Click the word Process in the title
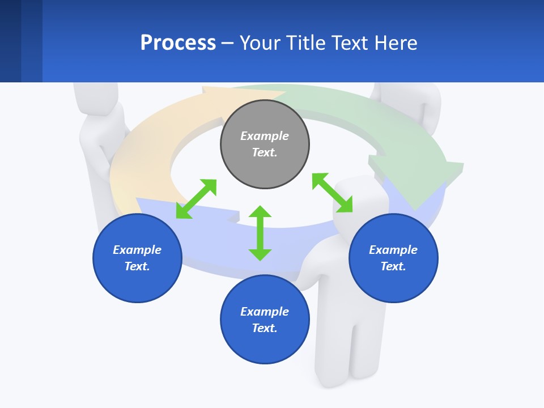point(178,43)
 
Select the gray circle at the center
point(265,144)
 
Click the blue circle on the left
point(137,258)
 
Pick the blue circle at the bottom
point(265,320)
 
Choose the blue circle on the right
point(393,258)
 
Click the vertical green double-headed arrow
point(260,233)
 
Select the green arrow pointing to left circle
point(196,199)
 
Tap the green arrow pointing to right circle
point(332,193)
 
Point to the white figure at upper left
point(99,130)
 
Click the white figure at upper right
point(411,108)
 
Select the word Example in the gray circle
point(265,136)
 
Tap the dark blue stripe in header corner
point(10,41)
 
